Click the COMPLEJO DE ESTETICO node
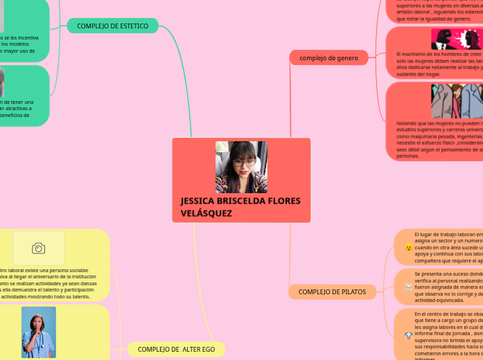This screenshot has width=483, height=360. (x=112, y=26)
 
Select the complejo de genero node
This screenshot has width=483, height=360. (x=328, y=58)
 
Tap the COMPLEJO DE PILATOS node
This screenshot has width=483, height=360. (x=332, y=292)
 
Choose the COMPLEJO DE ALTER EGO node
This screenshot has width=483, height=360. (x=176, y=349)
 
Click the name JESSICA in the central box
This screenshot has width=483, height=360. (x=197, y=201)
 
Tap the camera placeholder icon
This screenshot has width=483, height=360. (x=39, y=248)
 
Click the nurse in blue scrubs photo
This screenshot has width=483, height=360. (x=38, y=332)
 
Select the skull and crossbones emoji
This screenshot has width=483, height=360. (x=409, y=286)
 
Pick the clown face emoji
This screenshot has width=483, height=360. (x=409, y=336)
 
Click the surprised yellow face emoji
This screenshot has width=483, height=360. (x=409, y=247)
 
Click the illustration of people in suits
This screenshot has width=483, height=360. (x=457, y=102)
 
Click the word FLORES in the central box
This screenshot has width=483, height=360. (x=284, y=201)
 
